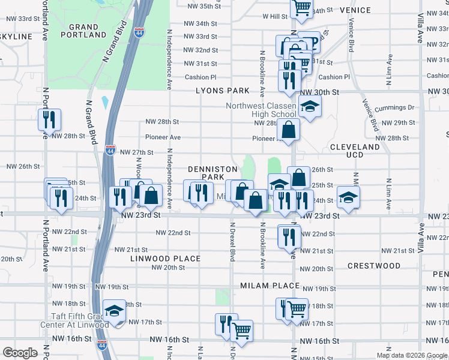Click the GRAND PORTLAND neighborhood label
pos(83,31)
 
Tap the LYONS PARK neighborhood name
pos(222,91)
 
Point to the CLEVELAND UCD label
pos(355,151)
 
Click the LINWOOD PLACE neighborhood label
pos(166,259)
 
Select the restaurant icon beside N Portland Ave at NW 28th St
pos(49,119)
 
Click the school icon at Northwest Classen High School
pos(310,107)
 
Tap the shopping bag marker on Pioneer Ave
pos(289,129)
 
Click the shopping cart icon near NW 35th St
pos(302,8)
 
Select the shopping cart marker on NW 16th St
pos(241,331)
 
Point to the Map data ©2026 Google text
pos(412,355)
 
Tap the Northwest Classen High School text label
pos(262,110)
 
